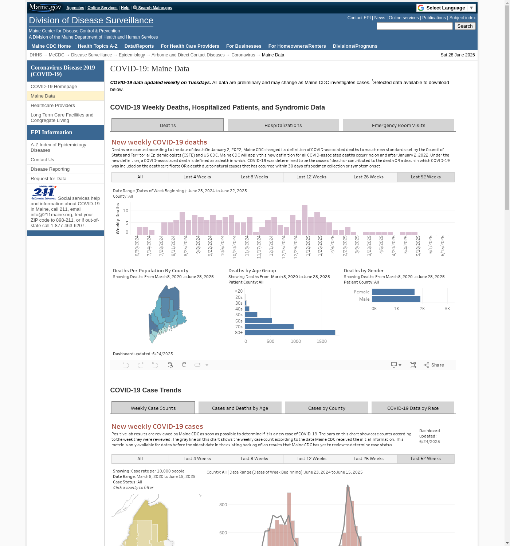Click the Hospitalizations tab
click(x=283, y=125)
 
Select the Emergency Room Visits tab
click(x=398, y=125)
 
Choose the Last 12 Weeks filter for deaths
click(x=311, y=177)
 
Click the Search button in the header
click(x=465, y=26)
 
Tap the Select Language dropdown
click(x=446, y=8)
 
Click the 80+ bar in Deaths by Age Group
click(x=290, y=332)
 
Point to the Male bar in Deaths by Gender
click(x=396, y=299)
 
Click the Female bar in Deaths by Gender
click(x=393, y=292)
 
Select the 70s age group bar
click(x=269, y=327)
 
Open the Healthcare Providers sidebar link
click(x=53, y=106)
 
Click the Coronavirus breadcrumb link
click(x=243, y=55)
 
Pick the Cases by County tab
click(x=326, y=408)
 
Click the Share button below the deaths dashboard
click(x=434, y=365)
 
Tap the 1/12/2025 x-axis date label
click(x=308, y=246)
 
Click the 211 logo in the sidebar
click(x=44, y=192)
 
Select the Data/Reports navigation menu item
click(x=139, y=46)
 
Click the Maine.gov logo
click(x=45, y=7)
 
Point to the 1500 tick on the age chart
click(x=321, y=341)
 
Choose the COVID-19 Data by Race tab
click(x=413, y=408)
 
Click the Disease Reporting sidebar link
click(x=50, y=169)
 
